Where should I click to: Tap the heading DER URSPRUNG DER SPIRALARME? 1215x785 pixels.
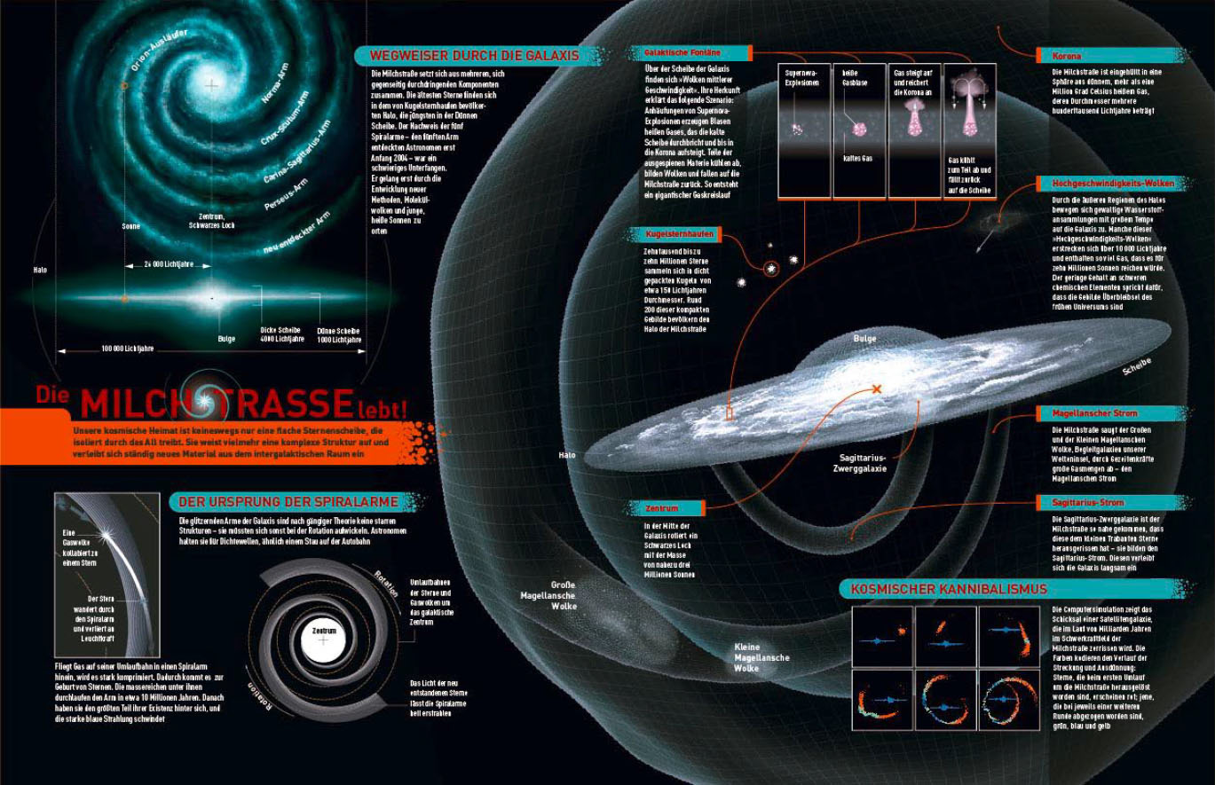pyautogui.click(x=288, y=502)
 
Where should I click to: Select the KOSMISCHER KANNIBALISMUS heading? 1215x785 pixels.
pyautogui.click(x=949, y=589)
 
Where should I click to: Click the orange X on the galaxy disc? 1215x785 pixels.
pyautogui.click(x=877, y=389)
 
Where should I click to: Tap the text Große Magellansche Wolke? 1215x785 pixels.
pyautogui.click(x=548, y=595)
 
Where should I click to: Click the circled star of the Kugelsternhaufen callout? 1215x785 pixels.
pyautogui.click(x=770, y=268)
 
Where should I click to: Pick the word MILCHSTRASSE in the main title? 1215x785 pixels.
pyautogui.click(x=217, y=404)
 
